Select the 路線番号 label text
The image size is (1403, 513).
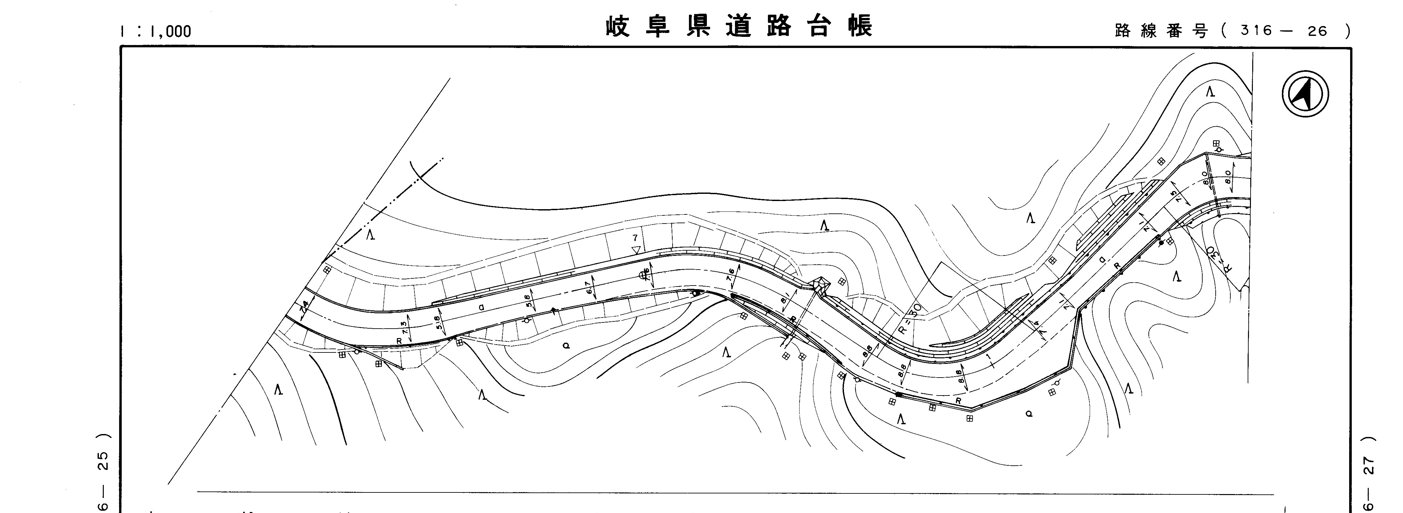click(x=1161, y=31)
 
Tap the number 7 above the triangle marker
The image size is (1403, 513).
click(x=635, y=238)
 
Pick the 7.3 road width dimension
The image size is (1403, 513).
click(x=404, y=327)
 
